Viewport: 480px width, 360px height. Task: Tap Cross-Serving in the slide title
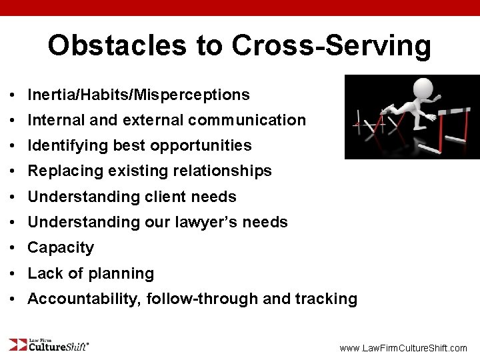[x=331, y=45]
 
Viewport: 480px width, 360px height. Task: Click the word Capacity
[x=61, y=247]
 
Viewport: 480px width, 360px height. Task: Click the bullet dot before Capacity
[x=13, y=248]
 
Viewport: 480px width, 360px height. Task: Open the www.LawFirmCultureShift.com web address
[x=403, y=348]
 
